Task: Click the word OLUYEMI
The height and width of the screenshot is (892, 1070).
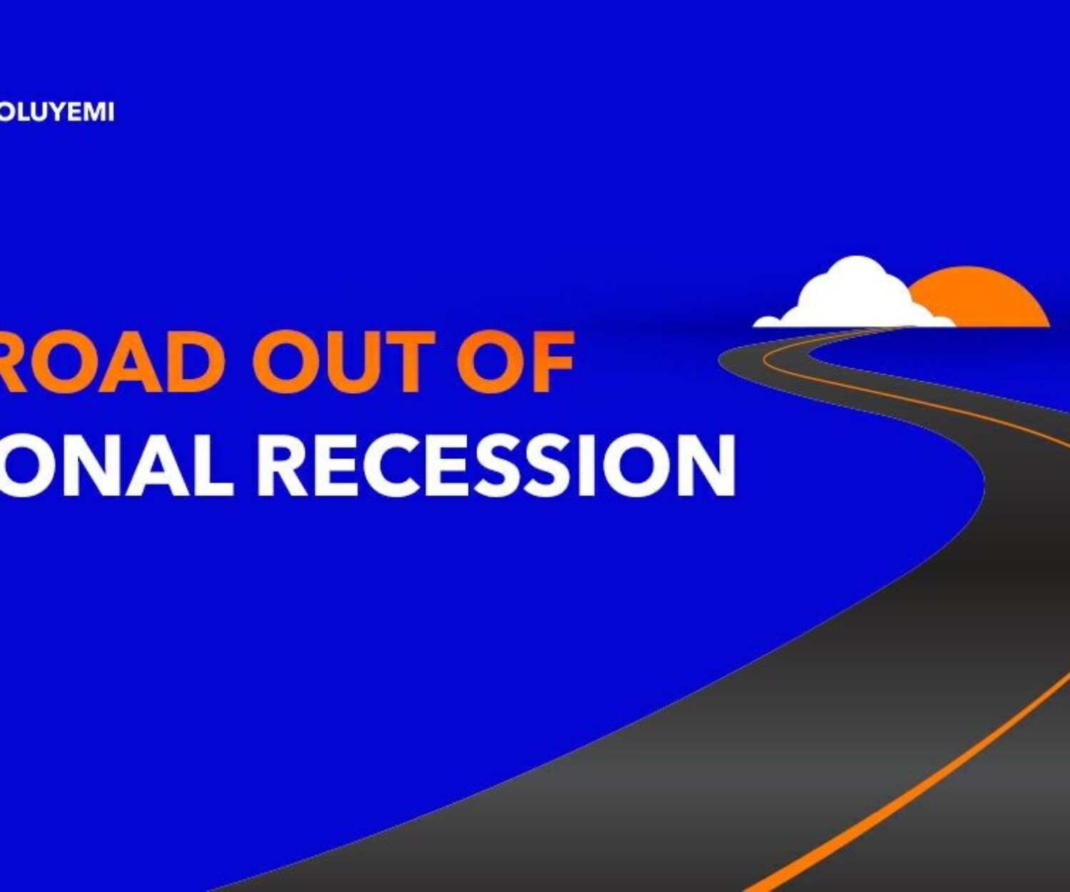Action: pos(56,112)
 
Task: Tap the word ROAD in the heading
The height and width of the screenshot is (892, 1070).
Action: pos(113,361)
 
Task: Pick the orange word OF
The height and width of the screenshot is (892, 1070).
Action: pos(515,361)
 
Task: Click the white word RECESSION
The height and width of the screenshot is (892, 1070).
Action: pos(496,465)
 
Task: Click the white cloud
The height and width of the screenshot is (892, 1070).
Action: pos(855,294)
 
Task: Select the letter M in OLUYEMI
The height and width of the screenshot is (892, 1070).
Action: pos(94,112)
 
